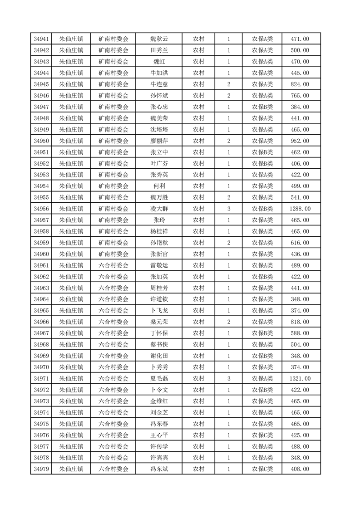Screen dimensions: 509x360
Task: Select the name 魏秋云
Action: pos(159,39)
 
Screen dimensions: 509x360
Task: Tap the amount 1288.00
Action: pos(300,209)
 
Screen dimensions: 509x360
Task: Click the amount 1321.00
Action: pos(300,378)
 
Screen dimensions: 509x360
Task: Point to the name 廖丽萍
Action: pos(159,141)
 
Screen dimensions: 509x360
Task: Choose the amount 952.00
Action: pos(300,141)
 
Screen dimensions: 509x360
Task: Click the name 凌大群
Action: pos(159,209)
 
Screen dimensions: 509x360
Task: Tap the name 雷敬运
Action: pos(159,265)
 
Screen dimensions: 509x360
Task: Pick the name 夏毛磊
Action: pos(159,378)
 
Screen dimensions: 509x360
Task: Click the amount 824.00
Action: pos(300,84)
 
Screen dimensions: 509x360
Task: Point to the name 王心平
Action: pos(159,435)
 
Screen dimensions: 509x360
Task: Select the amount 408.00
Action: pos(300,469)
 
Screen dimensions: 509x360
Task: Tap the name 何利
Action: pos(159,186)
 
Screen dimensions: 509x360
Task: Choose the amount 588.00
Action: pos(300,333)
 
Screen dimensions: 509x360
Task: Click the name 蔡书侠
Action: pos(159,345)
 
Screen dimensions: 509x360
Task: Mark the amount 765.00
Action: pos(300,96)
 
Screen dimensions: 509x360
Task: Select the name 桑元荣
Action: pos(159,322)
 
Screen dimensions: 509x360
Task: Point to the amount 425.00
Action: pos(300,435)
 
